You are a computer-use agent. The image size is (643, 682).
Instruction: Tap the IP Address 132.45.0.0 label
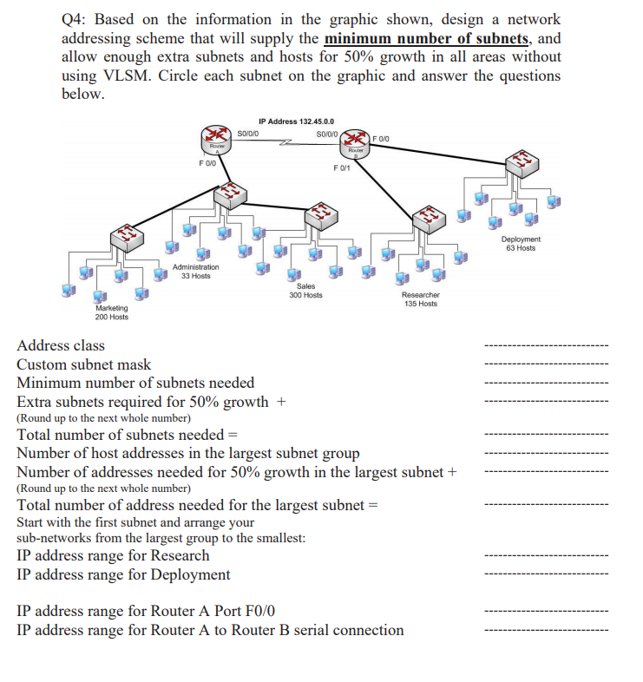tap(297, 121)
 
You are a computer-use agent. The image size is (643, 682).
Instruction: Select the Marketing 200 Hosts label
tap(111, 312)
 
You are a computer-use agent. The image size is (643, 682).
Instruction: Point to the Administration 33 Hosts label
tap(196, 272)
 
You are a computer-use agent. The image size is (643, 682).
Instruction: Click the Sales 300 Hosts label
tap(305, 291)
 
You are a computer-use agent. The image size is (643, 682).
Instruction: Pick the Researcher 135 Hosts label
tap(421, 299)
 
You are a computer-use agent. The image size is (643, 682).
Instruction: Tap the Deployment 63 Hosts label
tap(521, 244)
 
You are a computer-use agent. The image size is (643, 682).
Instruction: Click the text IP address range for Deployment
tap(124, 574)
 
